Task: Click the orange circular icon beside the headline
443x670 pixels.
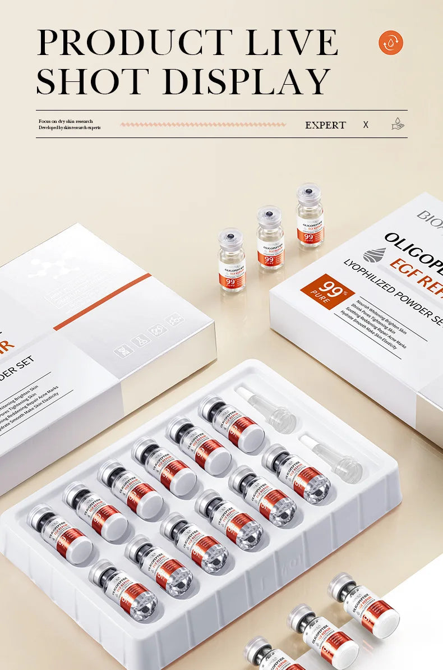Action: [x=391, y=43]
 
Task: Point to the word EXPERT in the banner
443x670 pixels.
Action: [x=325, y=125]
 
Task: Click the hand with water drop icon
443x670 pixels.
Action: [x=398, y=124]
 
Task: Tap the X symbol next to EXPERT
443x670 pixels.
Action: [x=366, y=125]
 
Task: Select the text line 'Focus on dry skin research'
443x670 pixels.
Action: [x=66, y=121]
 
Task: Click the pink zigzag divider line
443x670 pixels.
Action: [x=203, y=125]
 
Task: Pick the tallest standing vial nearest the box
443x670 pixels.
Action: [x=310, y=215]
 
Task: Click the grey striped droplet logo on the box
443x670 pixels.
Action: [x=375, y=255]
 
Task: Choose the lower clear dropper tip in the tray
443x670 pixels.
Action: [x=330, y=457]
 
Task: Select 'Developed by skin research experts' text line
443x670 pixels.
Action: [x=70, y=128]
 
